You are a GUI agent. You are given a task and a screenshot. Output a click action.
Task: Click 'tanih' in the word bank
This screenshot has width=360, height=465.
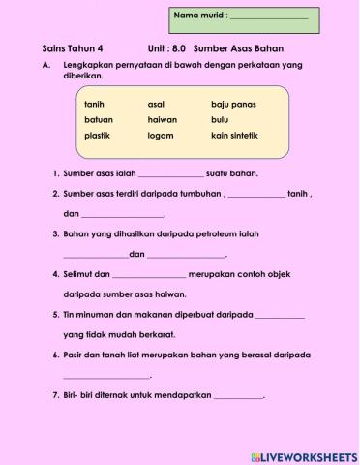(94, 103)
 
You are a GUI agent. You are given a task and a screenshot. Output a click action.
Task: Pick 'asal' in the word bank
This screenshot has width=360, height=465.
(156, 103)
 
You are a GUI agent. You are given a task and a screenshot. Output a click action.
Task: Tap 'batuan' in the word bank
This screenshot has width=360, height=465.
(98, 119)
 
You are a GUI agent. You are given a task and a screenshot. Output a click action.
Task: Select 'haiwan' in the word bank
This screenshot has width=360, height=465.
(162, 119)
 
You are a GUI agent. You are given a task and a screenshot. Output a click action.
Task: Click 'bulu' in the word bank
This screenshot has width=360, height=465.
(220, 119)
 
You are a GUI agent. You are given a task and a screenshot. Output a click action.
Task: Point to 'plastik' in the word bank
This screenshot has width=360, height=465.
(98, 136)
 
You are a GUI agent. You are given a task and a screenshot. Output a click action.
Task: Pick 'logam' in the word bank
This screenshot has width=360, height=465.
(160, 136)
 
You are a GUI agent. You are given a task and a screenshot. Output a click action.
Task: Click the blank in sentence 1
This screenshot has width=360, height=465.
(171, 175)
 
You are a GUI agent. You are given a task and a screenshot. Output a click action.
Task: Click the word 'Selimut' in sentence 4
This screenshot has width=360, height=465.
(75, 275)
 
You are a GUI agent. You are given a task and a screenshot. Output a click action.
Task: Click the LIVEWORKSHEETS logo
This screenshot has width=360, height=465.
(303, 454)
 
